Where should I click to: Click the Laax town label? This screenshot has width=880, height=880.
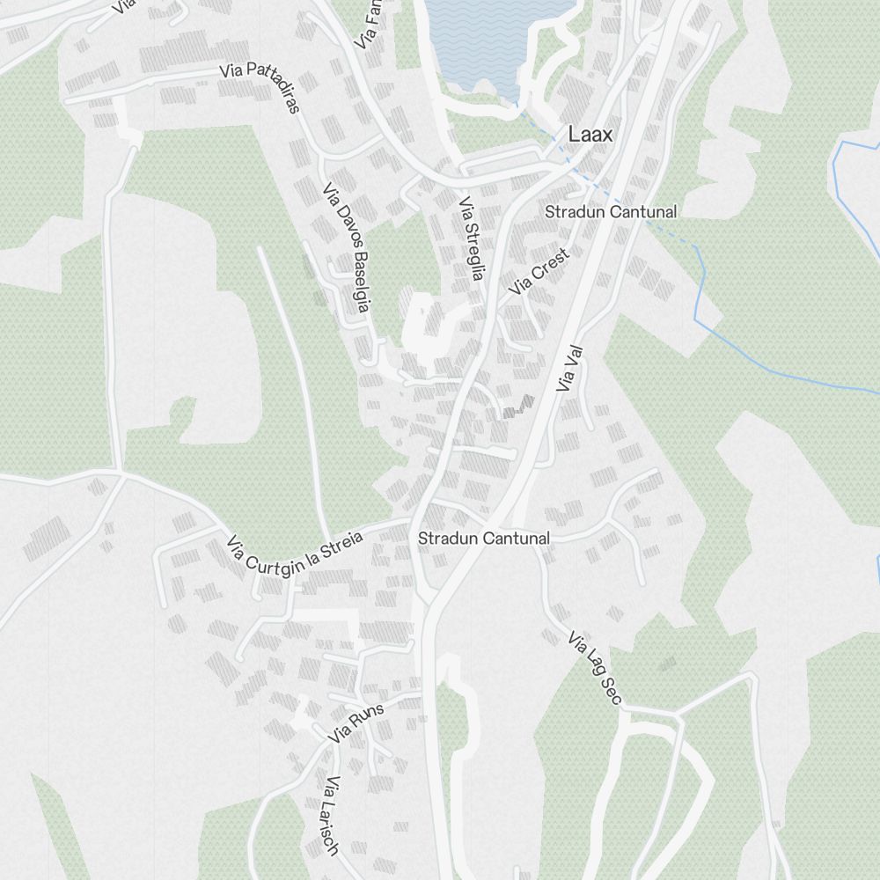pos(590,135)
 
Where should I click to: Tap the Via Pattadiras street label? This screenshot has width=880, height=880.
pos(261,88)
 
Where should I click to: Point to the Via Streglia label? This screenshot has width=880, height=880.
pos(471,238)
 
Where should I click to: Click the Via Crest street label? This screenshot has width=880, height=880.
pos(539,271)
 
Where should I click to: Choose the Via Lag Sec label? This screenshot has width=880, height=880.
pos(595,669)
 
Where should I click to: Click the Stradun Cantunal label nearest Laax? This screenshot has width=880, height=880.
pos(611,212)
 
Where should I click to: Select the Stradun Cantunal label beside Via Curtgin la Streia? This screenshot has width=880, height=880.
pos(484,539)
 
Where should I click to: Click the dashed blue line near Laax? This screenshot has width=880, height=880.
pos(616,198)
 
